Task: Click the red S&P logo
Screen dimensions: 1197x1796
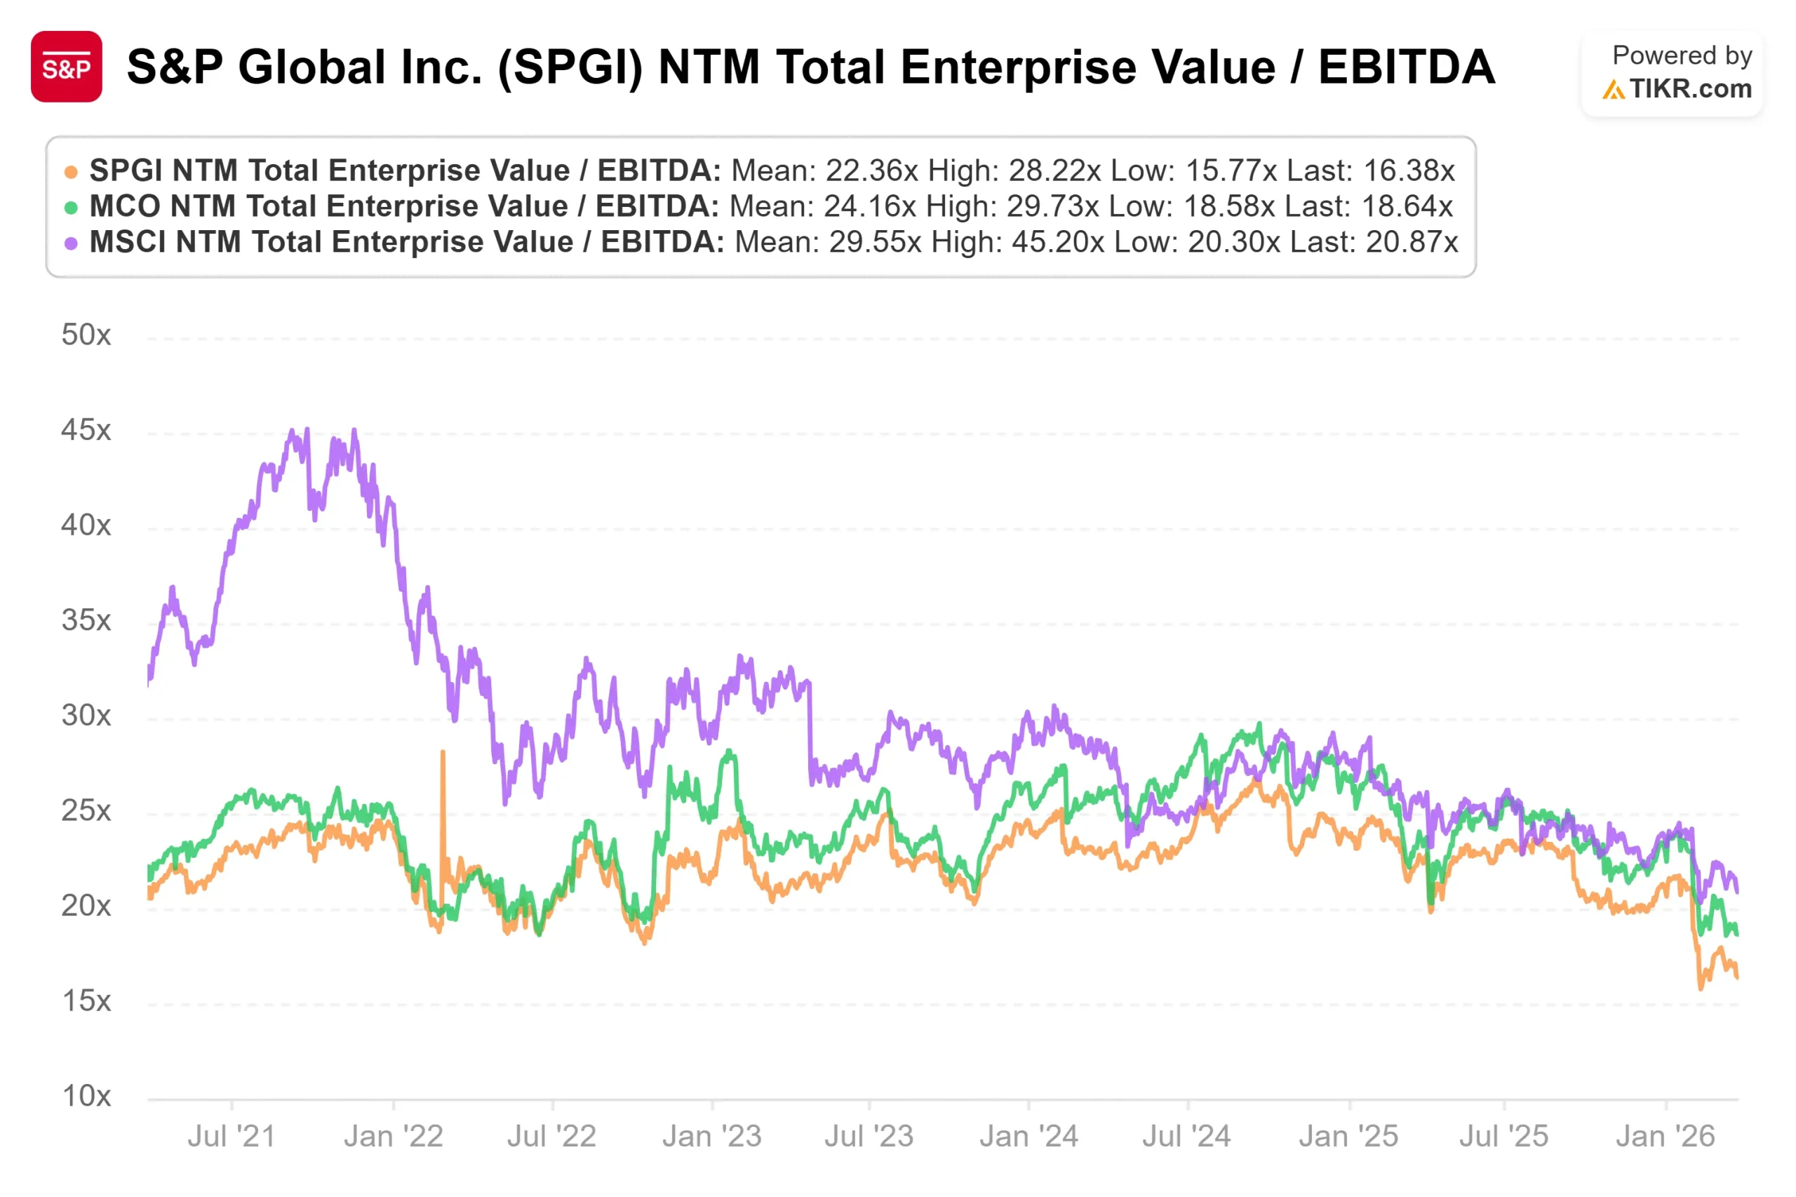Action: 66,67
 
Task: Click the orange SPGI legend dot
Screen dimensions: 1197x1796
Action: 71,173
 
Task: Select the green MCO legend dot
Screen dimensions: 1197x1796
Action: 71,208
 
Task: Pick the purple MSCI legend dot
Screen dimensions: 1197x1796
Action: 71,243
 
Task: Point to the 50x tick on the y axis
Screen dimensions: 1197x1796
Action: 86,335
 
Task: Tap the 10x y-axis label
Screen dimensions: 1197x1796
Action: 86,1096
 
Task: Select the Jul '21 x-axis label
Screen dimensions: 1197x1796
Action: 232,1137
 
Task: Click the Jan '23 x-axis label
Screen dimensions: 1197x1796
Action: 711,1137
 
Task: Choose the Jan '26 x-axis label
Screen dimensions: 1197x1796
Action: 1665,1137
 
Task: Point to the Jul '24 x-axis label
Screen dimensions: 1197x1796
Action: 1186,1137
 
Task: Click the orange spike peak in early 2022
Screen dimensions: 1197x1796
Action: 443,754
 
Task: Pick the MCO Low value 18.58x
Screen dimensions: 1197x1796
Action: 1229,206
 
